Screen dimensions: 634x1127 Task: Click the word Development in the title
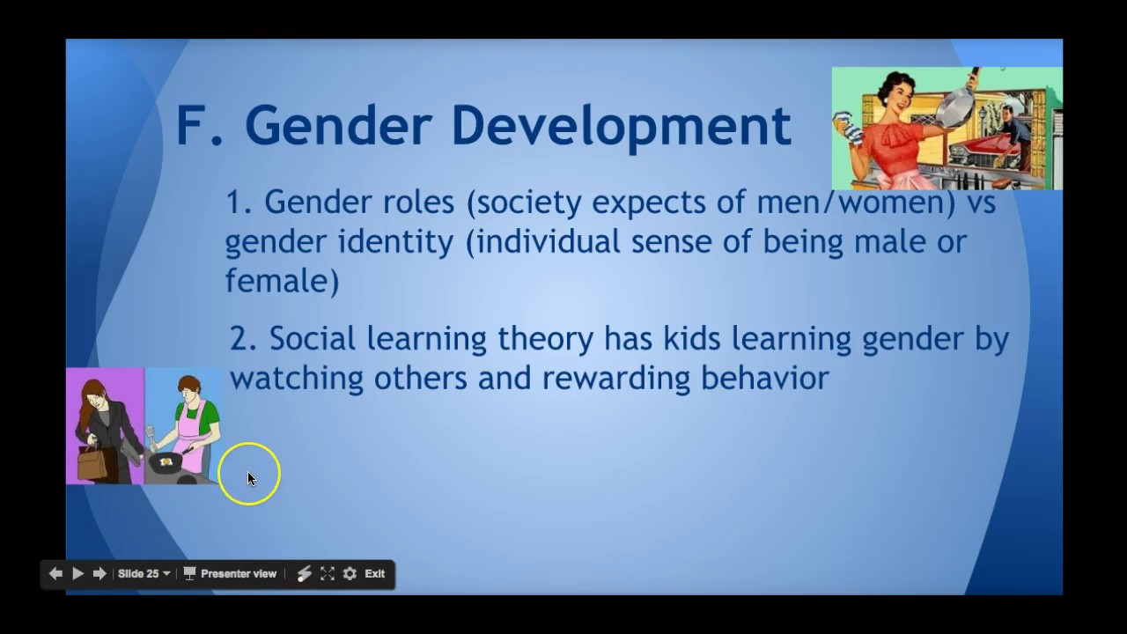(620, 126)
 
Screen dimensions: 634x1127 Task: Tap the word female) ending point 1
(282, 281)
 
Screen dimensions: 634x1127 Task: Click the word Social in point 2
(313, 338)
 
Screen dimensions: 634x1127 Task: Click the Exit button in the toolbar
(375, 573)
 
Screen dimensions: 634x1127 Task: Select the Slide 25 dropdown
(144, 573)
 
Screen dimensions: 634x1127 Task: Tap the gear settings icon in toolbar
(350, 573)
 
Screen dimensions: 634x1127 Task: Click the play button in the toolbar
(77, 573)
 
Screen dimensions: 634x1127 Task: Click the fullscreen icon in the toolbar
(328, 573)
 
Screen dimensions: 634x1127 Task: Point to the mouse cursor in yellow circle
(250, 477)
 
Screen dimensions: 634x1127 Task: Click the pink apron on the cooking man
(188, 431)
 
